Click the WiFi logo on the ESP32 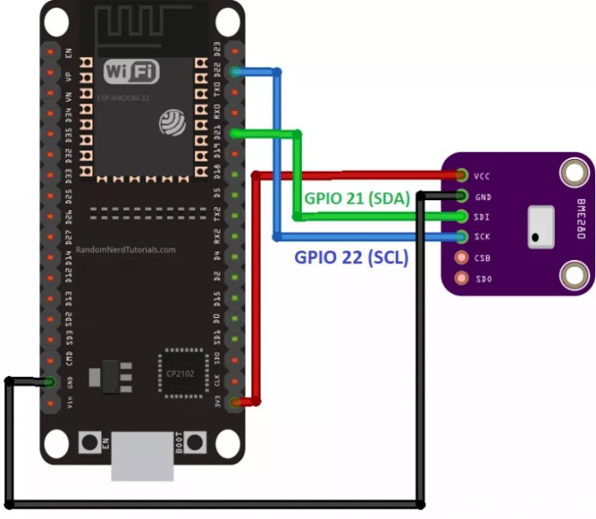(x=131, y=72)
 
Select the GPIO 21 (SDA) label (x=357, y=198)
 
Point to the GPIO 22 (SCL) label (x=351, y=256)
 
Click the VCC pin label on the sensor (x=481, y=176)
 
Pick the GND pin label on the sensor (x=481, y=196)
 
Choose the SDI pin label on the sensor (x=481, y=216)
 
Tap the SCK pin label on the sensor (x=481, y=237)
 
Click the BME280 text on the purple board (x=581, y=217)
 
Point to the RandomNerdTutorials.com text (x=126, y=251)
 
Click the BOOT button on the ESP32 (x=195, y=442)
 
